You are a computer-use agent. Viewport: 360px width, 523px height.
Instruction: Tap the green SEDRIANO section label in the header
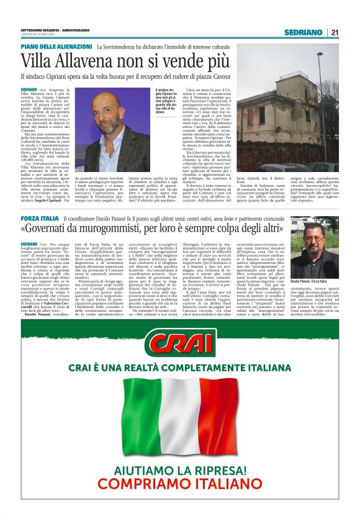tap(303, 32)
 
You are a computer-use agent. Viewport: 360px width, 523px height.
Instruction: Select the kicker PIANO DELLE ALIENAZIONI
tap(56, 47)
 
